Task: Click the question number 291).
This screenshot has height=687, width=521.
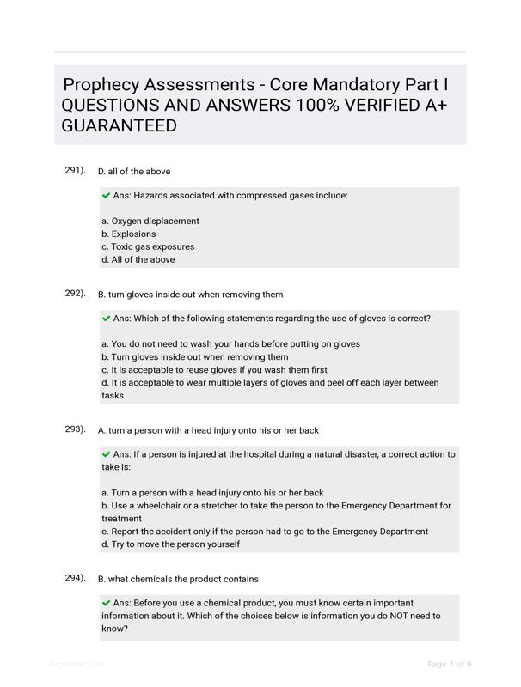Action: pos(75,170)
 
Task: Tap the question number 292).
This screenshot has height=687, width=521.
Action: pos(75,293)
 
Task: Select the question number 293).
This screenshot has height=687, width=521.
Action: pos(75,429)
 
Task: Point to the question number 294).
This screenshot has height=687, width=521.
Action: pos(75,577)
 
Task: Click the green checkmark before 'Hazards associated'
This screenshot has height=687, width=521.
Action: pos(106,196)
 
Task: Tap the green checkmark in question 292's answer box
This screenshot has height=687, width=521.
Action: pos(106,319)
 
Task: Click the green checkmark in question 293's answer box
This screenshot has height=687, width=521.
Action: pos(106,454)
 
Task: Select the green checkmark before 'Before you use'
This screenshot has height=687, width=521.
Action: pos(106,603)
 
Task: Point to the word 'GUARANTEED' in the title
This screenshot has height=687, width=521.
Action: pos(120,126)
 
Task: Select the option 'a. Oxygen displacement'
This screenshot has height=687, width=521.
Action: pos(150,221)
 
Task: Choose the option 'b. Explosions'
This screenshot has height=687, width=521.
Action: pos(128,234)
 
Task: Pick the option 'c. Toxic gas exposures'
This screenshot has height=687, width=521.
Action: pos(147,246)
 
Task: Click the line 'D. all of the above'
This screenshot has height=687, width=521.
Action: pos(134,172)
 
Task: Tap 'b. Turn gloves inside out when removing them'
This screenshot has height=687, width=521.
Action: pos(194,357)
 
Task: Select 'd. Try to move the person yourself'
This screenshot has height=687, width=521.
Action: pos(170,544)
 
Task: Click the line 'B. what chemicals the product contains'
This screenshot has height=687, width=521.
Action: pos(178,579)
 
